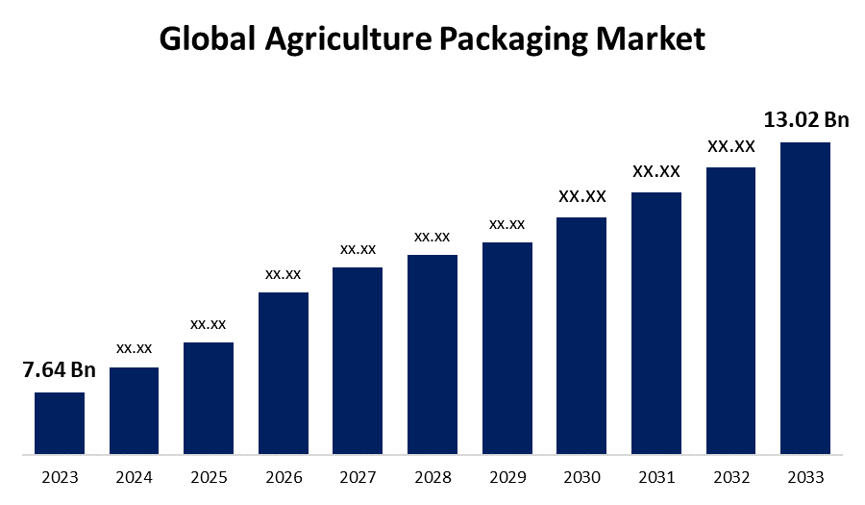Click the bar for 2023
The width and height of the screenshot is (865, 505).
click(60, 422)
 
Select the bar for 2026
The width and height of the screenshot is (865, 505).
click(284, 372)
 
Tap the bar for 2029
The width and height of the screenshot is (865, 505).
click(507, 347)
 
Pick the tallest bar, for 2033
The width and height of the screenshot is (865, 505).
click(804, 297)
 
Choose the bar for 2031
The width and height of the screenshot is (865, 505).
click(656, 322)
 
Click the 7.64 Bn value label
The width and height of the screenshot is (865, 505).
click(59, 370)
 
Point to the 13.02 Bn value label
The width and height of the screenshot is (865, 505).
click(806, 120)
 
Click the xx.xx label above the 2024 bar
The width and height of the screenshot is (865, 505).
click(134, 347)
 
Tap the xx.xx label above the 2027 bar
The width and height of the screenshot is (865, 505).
click(358, 248)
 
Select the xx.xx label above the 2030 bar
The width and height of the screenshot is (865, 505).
click(582, 196)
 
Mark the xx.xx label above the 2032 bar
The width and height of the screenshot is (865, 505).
click(731, 146)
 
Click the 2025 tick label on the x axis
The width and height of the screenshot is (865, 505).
click(209, 477)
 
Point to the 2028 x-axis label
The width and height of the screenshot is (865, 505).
click(432, 477)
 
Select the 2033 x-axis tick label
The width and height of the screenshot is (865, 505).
click(805, 477)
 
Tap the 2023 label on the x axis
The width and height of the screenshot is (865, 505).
click(60, 477)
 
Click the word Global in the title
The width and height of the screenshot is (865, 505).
click(209, 39)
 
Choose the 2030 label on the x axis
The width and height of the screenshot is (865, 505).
click(581, 477)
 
